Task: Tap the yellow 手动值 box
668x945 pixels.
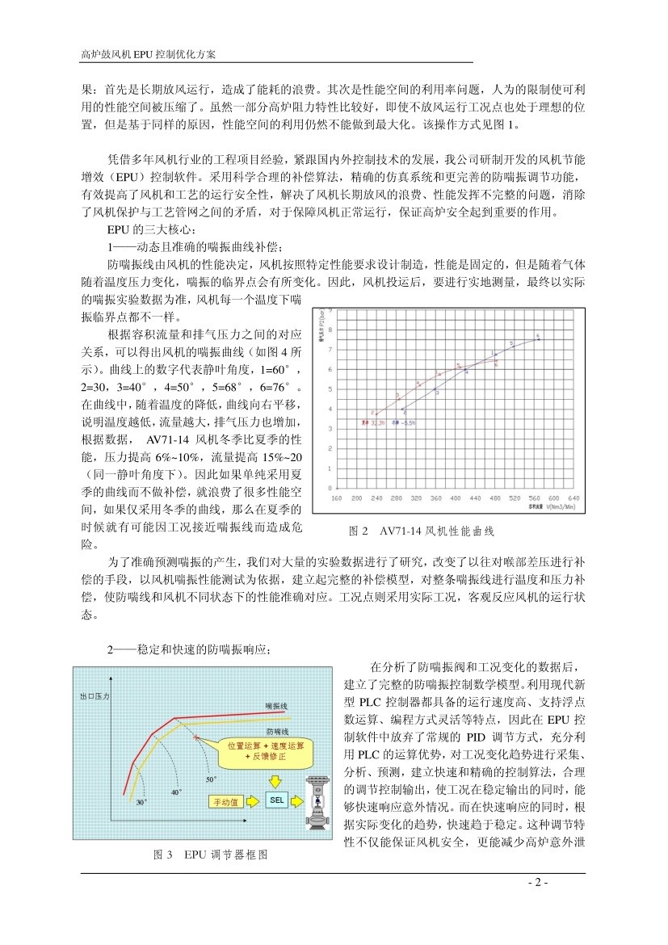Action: click(225, 801)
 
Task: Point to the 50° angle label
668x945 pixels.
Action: click(210, 779)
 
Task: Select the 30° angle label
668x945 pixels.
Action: click(141, 802)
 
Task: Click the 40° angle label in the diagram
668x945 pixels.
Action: click(176, 792)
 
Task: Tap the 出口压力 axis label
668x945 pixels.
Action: click(95, 695)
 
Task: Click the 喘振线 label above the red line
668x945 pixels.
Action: click(275, 705)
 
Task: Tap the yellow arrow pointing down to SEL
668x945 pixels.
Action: click(274, 781)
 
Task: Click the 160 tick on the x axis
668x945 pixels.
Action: click(338, 498)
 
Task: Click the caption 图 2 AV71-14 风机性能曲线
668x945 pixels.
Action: click(420, 531)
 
